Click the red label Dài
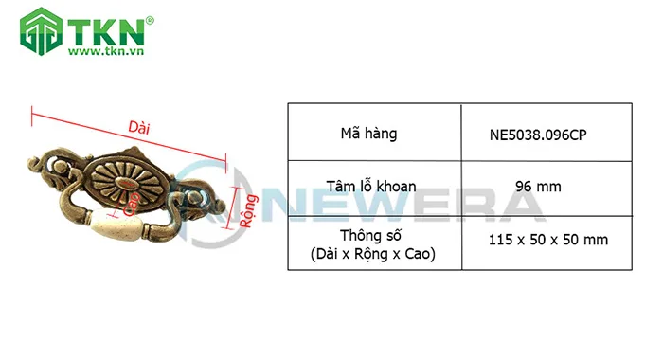139,127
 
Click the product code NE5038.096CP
538,135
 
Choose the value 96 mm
538,187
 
